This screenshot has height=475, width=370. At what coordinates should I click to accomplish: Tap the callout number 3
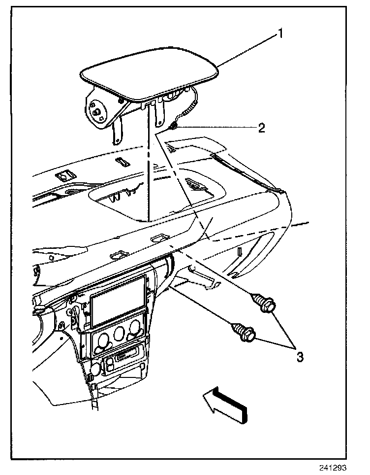299,356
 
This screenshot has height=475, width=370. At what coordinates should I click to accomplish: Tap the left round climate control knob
103,339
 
